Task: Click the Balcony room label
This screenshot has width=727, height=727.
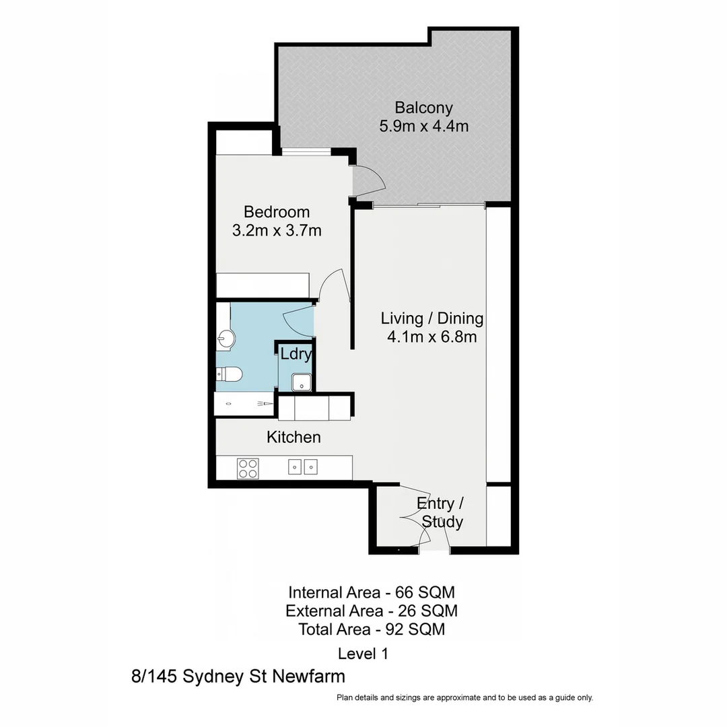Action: tap(423, 108)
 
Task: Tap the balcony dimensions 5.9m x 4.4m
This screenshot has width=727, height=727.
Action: tap(423, 126)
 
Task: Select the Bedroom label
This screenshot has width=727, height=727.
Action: tap(277, 212)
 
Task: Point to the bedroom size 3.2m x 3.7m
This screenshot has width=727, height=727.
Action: tap(277, 231)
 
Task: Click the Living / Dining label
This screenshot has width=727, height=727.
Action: tap(432, 318)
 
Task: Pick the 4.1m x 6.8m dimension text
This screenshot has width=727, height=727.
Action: tap(432, 337)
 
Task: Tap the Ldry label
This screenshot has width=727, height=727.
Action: tap(296, 354)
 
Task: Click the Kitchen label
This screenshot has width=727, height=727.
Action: tap(293, 438)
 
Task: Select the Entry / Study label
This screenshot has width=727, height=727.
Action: tap(441, 512)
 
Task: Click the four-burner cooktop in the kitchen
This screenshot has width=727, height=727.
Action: tap(248, 468)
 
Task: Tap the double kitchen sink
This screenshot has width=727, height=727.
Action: tap(302, 466)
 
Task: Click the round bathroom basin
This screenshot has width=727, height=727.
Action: tap(226, 339)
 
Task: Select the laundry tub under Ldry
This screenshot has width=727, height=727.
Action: tap(302, 382)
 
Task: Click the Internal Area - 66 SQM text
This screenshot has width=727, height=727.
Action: tap(372, 593)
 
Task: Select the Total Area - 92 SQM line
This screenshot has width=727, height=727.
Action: tap(372, 630)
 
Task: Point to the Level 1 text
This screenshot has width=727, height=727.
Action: tap(363, 653)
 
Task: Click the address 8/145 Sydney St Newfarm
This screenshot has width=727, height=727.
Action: tap(238, 676)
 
